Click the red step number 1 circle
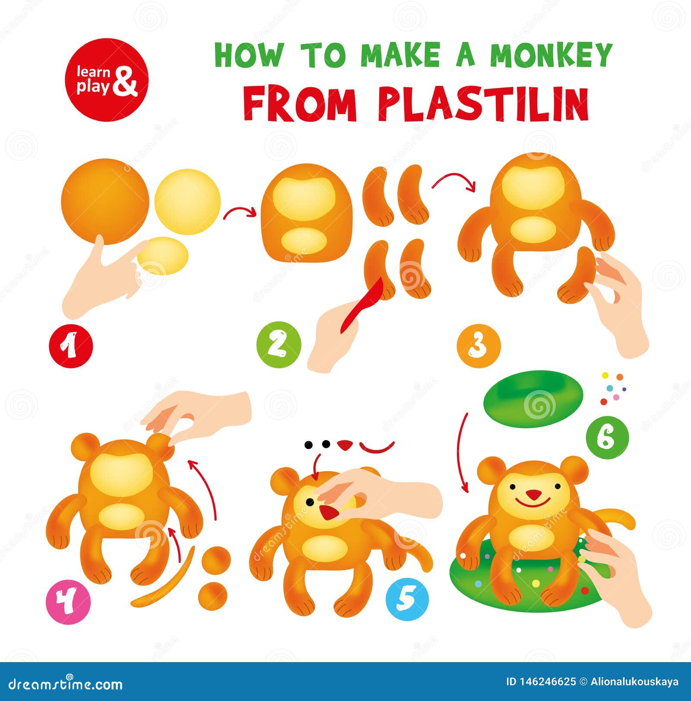pos(70,346)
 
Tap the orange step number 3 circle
pos(479,346)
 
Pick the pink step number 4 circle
pos(68,602)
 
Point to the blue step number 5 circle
pos(407,599)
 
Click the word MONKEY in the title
pos(551,55)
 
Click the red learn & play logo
pos(107,80)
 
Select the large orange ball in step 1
pos(105,201)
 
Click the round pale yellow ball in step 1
pos(187,202)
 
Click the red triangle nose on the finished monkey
pos(533,495)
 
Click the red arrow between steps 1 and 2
pos(240,211)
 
